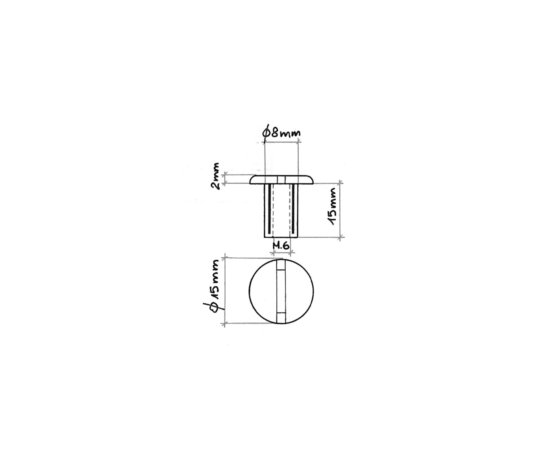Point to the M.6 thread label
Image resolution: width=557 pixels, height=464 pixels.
[281, 246]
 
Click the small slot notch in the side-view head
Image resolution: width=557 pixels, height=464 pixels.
[281, 180]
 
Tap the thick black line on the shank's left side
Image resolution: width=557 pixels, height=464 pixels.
[270, 209]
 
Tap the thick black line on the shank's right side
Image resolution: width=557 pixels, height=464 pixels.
[293, 209]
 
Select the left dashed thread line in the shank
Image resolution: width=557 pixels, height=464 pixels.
[274, 210]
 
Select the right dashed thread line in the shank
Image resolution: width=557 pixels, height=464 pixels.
[289, 210]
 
